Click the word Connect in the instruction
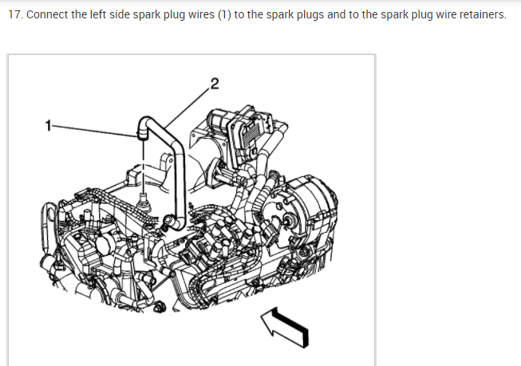(46, 16)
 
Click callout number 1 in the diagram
(49, 124)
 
